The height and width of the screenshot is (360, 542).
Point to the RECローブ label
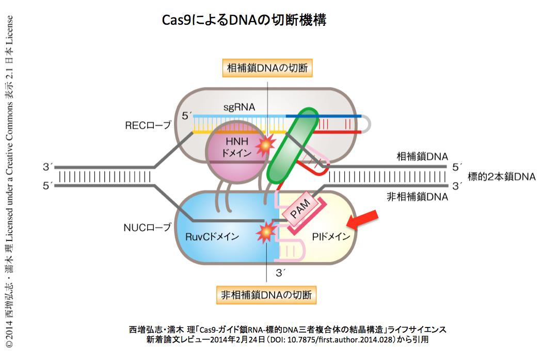[148, 125]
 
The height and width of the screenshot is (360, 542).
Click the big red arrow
[364, 221]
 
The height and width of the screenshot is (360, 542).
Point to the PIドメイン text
[331, 237]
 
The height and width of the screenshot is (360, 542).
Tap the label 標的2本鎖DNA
[501, 176]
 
